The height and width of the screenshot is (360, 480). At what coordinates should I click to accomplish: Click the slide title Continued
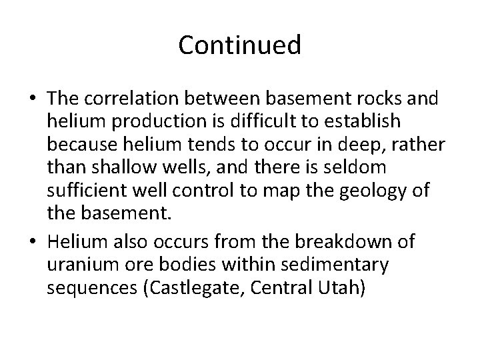coord(240,45)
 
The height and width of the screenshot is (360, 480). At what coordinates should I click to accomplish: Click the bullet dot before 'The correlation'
coord(31,99)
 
